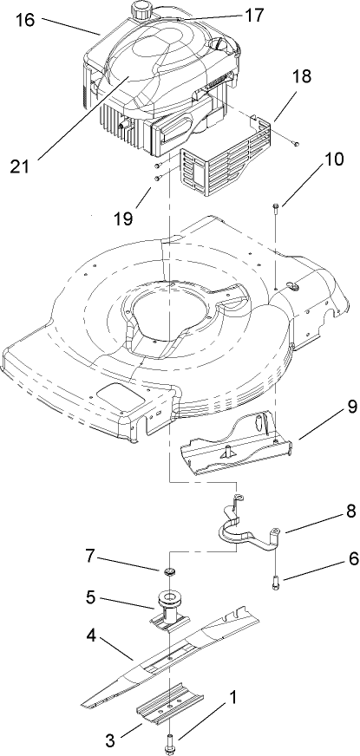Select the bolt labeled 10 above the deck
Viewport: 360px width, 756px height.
click(x=275, y=209)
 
